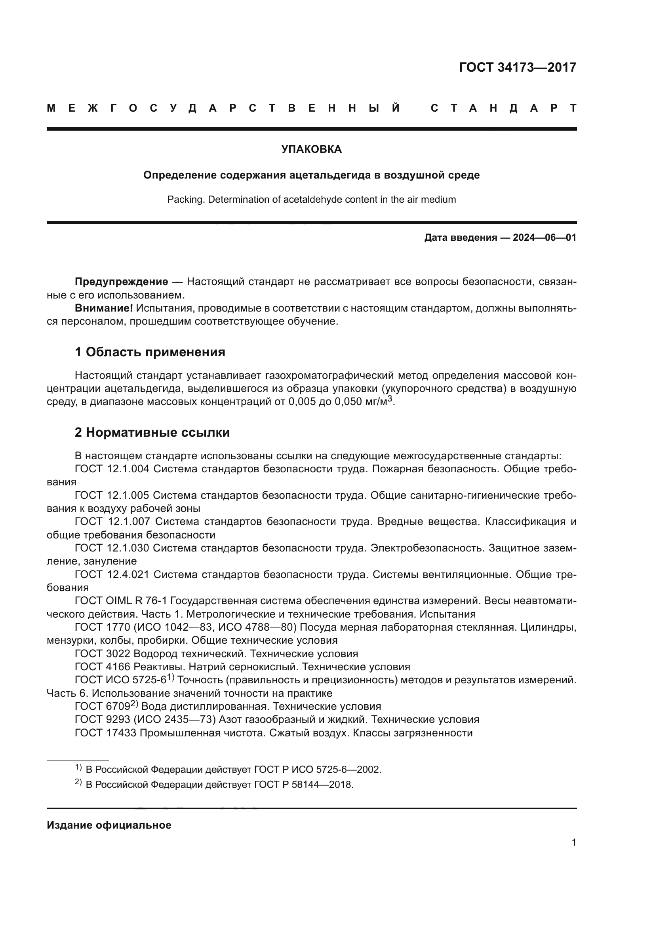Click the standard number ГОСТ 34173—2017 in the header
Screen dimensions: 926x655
click(518, 67)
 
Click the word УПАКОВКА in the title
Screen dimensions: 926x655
click(311, 150)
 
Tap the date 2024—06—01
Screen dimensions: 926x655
click(545, 238)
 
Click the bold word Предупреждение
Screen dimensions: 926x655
click(122, 281)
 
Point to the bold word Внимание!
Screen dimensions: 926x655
click(104, 308)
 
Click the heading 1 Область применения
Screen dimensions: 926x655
click(150, 352)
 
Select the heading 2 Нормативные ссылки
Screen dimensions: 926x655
click(152, 432)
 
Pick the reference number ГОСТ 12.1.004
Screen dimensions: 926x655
click(112, 469)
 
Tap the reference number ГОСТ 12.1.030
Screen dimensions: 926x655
click(112, 548)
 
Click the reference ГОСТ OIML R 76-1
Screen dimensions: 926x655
click(121, 601)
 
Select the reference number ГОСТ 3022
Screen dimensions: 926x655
click(103, 654)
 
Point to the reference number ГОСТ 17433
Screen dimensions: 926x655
click(106, 733)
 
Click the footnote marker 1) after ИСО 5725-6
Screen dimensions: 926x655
click(171, 677)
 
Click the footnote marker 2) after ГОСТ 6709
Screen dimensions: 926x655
click(134, 704)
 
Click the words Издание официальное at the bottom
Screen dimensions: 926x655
click(109, 825)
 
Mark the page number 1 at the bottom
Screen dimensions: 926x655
click(573, 842)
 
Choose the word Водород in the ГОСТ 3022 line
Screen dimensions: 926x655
click(153, 654)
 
